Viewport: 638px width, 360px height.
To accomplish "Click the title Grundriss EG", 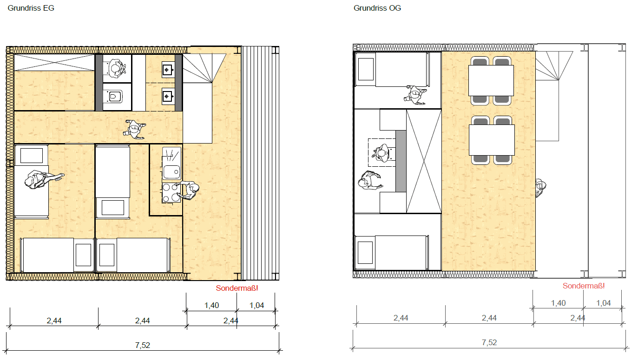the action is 31,8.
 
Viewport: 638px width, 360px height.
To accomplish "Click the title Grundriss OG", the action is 377,8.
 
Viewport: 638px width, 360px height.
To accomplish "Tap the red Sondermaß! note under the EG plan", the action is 237,288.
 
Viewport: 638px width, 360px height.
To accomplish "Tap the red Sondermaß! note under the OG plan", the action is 583,286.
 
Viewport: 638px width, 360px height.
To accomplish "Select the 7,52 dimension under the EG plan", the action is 142,345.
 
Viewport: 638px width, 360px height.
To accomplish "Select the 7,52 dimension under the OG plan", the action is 489,343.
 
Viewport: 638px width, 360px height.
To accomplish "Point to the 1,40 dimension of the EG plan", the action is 211,305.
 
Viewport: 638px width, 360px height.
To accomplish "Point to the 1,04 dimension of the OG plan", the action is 603,303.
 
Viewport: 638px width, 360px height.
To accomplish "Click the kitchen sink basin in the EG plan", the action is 171,171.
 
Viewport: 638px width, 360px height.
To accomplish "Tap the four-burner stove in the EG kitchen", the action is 171,193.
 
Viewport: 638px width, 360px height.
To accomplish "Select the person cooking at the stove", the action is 189,190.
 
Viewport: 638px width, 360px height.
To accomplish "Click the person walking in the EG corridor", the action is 134,129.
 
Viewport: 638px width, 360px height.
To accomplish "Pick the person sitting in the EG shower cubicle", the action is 116,68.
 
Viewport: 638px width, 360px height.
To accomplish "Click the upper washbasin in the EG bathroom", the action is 168,70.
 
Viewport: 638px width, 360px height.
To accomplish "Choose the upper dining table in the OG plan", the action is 491,81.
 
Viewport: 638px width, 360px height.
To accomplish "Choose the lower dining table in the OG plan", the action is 492,140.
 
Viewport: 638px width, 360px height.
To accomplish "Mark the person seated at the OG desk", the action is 382,153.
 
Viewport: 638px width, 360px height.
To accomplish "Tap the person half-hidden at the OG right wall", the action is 540,188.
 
